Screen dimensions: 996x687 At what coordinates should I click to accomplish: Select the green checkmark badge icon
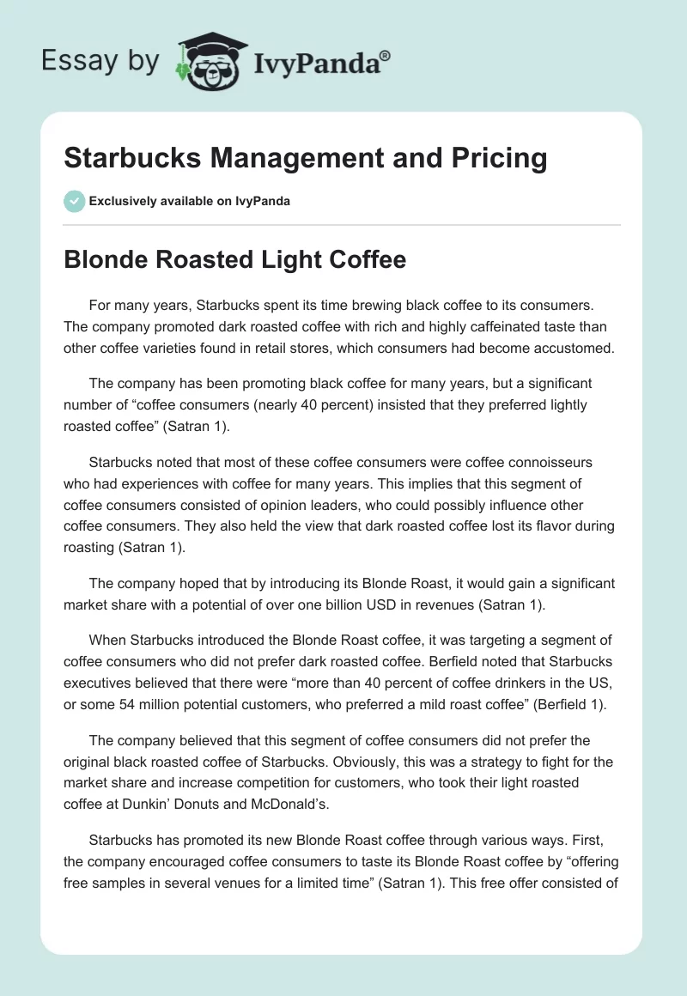74,201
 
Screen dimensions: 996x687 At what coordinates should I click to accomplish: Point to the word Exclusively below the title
123,201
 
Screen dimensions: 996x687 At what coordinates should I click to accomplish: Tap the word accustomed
569,348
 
